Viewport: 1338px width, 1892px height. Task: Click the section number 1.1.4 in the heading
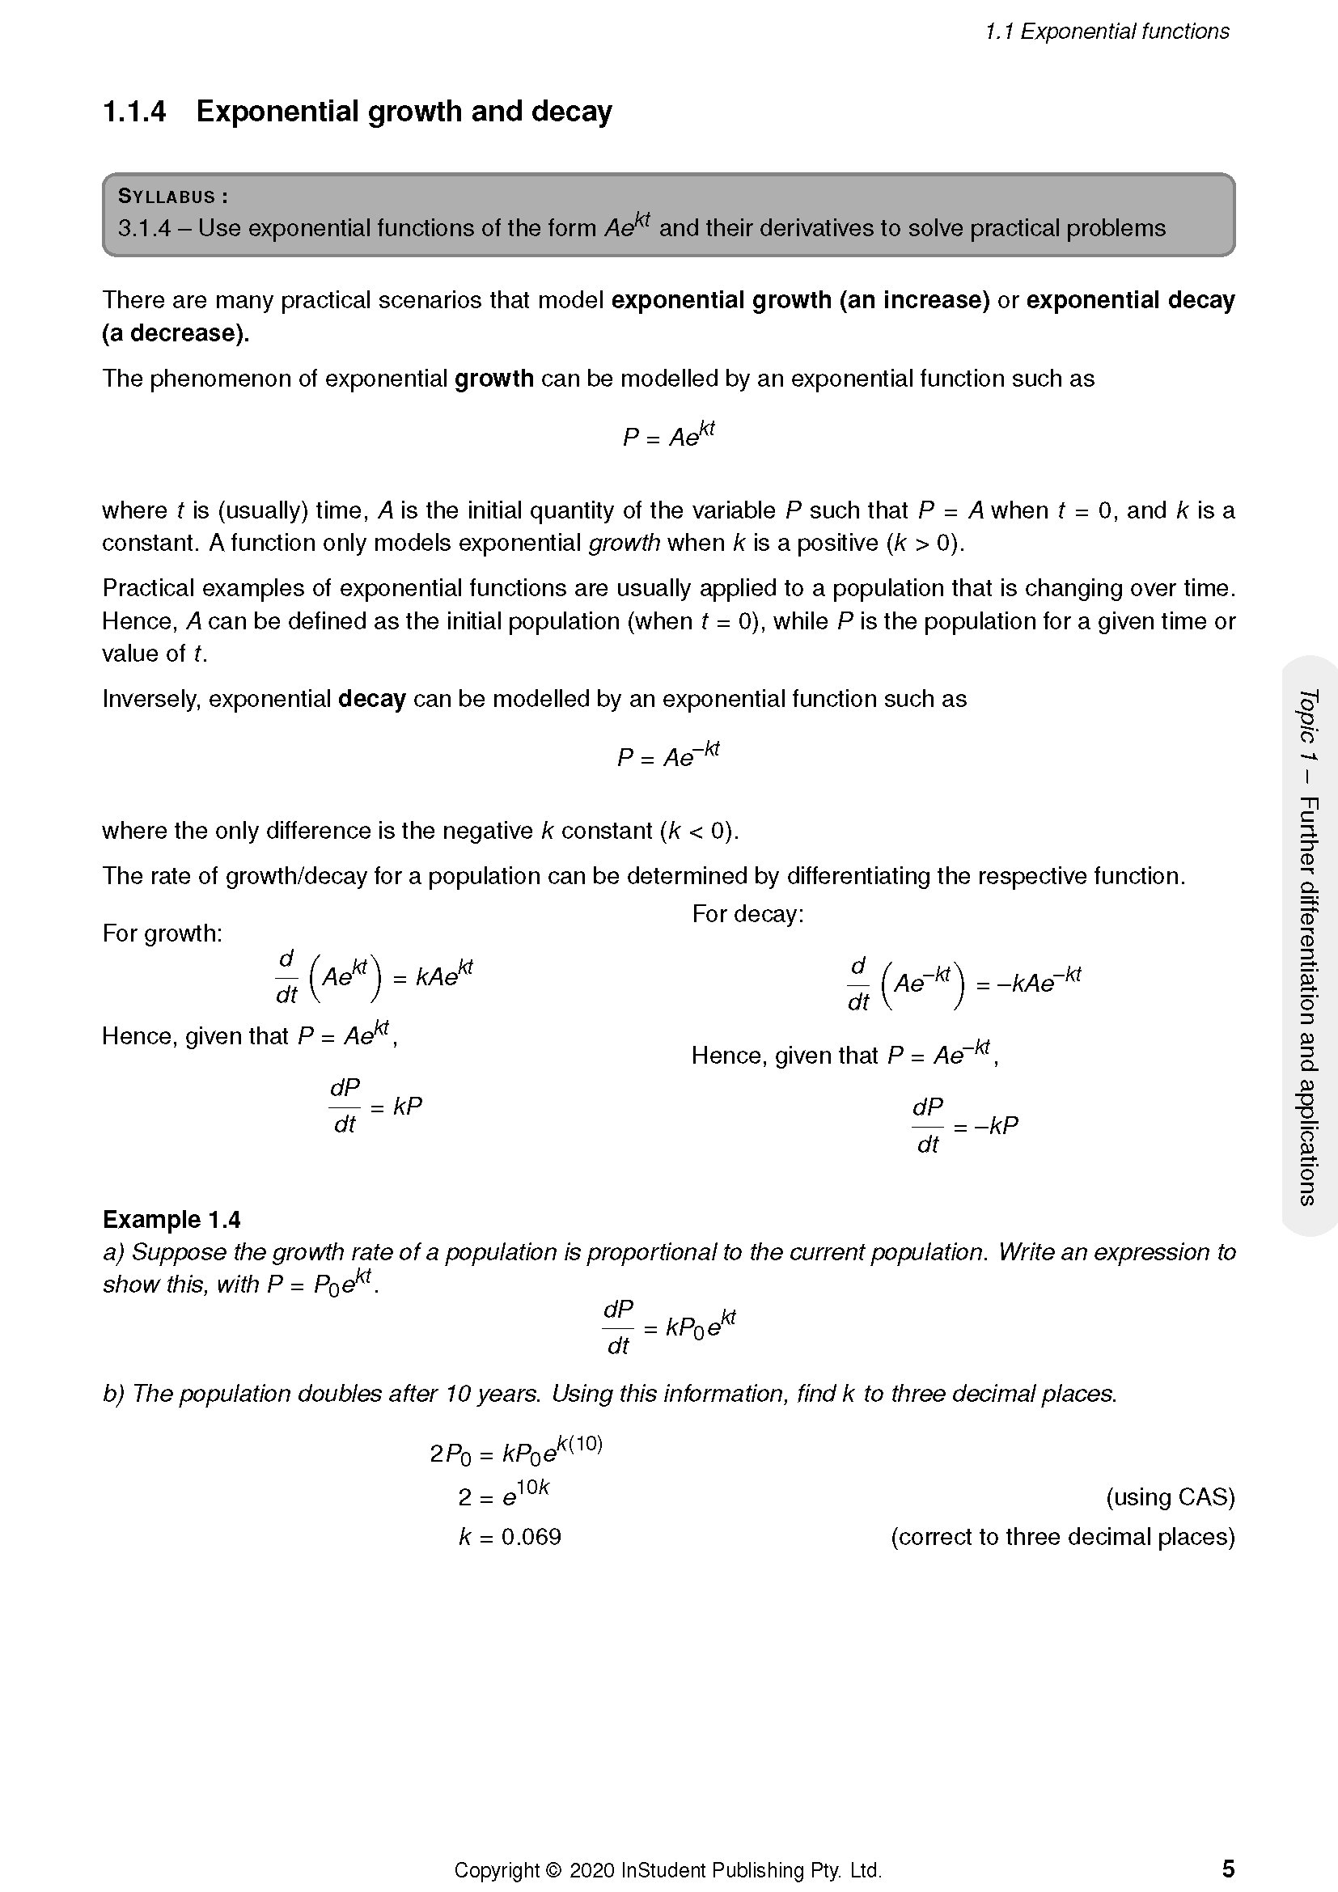pyautogui.click(x=134, y=112)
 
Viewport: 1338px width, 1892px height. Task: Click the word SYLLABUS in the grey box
pyautogui.click(x=167, y=196)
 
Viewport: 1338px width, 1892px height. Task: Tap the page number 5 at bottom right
pyautogui.click(x=1228, y=1868)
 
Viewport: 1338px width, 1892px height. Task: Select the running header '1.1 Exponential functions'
pyautogui.click(x=1107, y=32)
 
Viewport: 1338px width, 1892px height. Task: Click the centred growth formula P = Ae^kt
pyautogui.click(x=668, y=435)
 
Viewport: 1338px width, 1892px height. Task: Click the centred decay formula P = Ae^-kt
pyautogui.click(x=668, y=755)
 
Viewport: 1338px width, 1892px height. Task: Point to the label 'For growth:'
pyautogui.click(x=163, y=933)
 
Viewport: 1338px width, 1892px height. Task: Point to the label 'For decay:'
pyautogui.click(x=747, y=913)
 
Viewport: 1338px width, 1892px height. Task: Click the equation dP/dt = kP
pyautogui.click(x=375, y=1107)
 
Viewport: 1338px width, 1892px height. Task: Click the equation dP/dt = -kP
pyautogui.click(x=965, y=1126)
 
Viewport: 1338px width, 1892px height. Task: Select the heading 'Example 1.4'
pyautogui.click(x=171, y=1219)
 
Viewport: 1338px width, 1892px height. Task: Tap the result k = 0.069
pyautogui.click(x=510, y=1536)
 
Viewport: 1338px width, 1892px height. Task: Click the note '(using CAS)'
pyautogui.click(x=1170, y=1496)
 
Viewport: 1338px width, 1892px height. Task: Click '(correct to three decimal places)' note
pyautogui.click(x=1062, y=1536)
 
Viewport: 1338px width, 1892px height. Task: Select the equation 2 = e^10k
pyautogui.click(x=503, y=1494)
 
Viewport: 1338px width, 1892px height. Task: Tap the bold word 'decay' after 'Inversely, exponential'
pyautogui.click(x=371, y=699)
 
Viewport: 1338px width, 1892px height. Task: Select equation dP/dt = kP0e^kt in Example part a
pyautogui.click(x=668, y=1327)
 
